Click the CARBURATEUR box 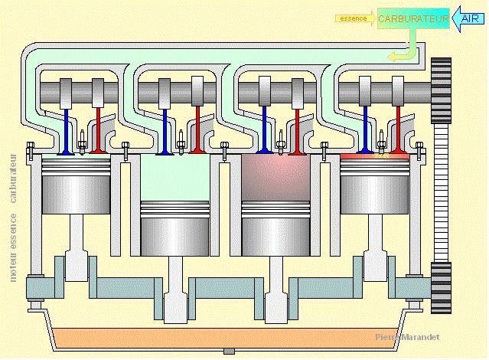point(413,18)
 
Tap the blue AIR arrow point(468,18)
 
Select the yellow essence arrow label point(354,17)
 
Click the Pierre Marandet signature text point(407,337)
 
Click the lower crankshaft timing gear point(442,287)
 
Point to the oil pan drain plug point(228,351)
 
